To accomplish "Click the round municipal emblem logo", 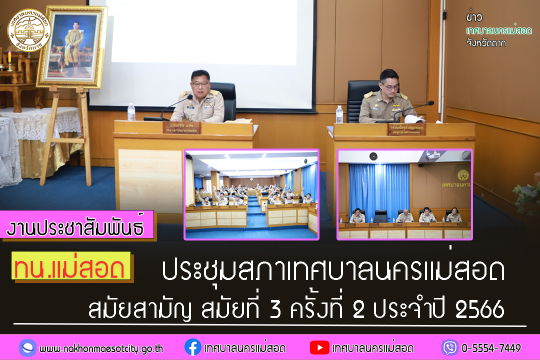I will (x=29, y=31).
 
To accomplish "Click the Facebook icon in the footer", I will (x=192, y=347).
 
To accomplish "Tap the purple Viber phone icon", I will (x=449, y=347).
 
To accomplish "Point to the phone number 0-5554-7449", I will (x=491, y=348).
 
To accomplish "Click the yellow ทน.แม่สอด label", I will (x=71, y=268).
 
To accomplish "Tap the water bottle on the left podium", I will (x=131, y=112).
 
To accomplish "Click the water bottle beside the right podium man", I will (x=339, y=114).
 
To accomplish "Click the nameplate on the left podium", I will (x=181, y=127).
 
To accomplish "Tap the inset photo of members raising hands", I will (x=251, y=194).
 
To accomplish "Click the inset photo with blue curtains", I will (x=404, y=194).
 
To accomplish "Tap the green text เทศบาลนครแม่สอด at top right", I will (x=498, y=30).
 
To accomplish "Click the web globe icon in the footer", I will (x=28, y=347).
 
